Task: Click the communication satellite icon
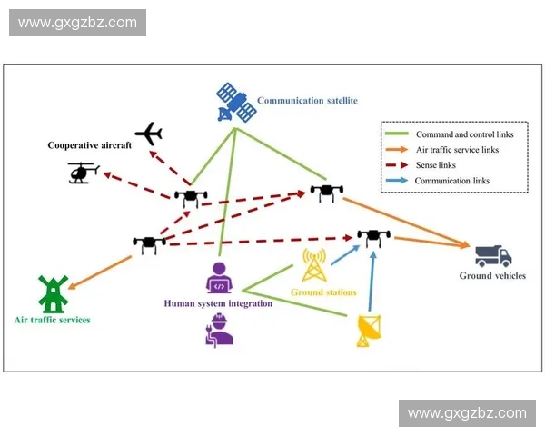tap(235, 103)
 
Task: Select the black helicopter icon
tap(84, 171)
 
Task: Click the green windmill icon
tap(51, 293)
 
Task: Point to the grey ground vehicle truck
tap(493, 255)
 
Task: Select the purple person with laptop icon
tap(219, 278)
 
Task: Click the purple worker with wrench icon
tap(219, 329)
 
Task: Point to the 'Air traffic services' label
tap(53, 320)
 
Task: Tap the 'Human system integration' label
tap(217, 303)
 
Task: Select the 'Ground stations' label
tap(323, 292)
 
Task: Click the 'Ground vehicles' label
tap(488, 275)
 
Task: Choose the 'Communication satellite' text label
tap(307, 101)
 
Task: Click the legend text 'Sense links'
tap(435, 165)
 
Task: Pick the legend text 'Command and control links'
tap(464, 134)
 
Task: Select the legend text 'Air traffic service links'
tap(457, 150)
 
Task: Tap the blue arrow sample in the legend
tap(397, 181)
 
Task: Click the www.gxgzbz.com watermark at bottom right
tap(467, 413)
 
